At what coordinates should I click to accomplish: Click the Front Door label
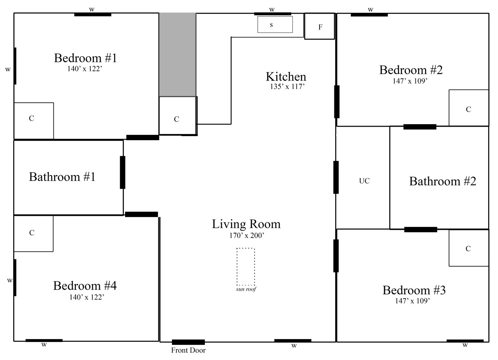click(x=188, y=351)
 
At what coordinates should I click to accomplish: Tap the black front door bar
click(x=188, y=342)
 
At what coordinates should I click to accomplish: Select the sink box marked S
click(x=275, y=24)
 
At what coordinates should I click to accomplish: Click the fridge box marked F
click(x=320, y=26)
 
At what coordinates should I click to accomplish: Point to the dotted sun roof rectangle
click(x=237, y=267)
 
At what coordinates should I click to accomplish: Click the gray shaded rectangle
click(x=178, y=55)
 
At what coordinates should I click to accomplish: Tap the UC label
click(x=364, y=181)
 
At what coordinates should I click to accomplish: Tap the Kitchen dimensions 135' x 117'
click(x=287, y=86)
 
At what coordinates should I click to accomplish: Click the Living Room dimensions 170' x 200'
click(x=247, y=235)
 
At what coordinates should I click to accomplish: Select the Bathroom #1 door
click(x=123, y=173)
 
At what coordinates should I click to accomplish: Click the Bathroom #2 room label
click(x=442, y=181)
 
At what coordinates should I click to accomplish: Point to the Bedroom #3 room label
click(x=414, y=290)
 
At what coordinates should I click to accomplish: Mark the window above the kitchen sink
click(x=273, y=14)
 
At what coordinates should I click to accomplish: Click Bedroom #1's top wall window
click(x=93, y=15)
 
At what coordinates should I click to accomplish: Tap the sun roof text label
click(x=246, y=289)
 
